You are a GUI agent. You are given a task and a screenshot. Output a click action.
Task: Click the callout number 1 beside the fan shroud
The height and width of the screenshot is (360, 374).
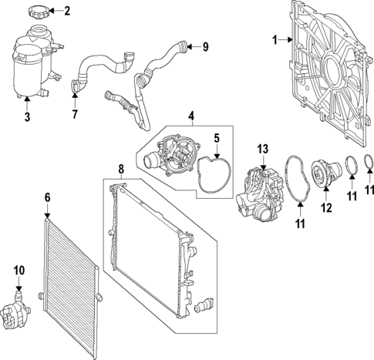click(x=275, y=40)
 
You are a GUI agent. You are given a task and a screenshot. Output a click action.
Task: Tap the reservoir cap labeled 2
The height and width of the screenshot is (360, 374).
click(x=38, y=13)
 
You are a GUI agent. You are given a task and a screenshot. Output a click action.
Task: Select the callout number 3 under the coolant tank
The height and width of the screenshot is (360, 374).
click(x=28, y=116)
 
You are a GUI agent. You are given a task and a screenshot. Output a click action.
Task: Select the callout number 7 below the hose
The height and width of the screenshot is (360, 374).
click(x=75, y=113)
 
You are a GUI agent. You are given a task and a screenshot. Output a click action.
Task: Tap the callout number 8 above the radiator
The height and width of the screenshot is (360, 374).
click(x=121, y=170)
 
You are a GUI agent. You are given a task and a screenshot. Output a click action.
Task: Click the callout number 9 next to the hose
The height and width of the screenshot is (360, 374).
click(x=205, y=47)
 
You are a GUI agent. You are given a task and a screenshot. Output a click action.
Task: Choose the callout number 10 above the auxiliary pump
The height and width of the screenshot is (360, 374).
click(x=19, y=271)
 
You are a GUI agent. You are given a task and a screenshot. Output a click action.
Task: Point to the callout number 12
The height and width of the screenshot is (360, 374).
click(x=326, y=207)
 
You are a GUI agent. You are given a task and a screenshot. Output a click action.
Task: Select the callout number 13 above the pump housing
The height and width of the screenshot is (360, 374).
click(x=263, y=150)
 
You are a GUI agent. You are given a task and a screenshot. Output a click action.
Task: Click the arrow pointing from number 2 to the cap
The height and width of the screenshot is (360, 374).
click(x=56, y=11)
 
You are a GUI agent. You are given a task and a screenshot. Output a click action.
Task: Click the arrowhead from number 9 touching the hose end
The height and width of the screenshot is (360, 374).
click(x=189, y=47)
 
